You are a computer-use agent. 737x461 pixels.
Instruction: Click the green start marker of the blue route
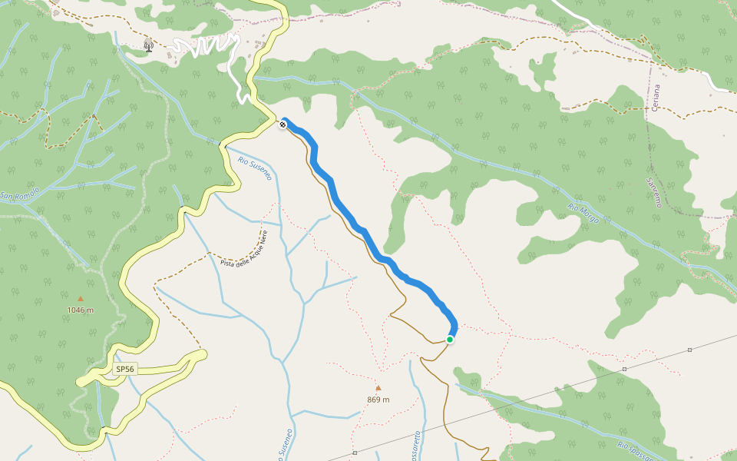450,339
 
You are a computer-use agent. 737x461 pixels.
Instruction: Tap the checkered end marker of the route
283,124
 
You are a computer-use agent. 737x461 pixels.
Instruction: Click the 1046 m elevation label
80,310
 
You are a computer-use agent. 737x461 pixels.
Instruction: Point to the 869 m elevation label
378,400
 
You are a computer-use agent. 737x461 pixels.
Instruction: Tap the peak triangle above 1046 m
80,298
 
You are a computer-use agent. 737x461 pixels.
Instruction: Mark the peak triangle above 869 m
378,388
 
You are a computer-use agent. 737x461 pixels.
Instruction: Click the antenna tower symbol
148,46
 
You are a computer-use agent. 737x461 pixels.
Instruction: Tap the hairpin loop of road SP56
201,354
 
